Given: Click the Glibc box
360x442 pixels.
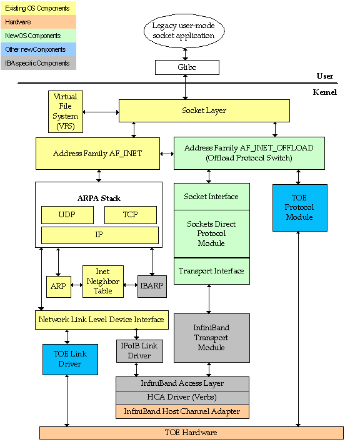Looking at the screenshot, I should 187,67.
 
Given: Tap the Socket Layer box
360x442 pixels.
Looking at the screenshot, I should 204,110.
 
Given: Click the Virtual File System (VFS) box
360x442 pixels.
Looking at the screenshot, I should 66,111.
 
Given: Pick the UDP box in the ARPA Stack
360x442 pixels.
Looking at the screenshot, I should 67,215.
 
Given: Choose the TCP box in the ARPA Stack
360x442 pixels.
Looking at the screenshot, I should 131,215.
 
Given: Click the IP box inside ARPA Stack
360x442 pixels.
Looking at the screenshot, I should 99,235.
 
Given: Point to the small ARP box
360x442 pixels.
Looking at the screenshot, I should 59,286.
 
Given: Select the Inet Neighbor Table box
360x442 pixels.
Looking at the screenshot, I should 103,282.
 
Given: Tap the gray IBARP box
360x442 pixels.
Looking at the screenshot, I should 152,286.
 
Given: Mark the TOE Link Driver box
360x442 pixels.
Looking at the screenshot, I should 70,359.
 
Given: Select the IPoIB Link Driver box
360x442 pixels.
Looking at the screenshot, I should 139,351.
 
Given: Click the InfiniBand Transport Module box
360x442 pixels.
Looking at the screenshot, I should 211,338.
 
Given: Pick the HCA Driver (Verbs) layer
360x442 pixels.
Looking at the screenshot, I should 182,398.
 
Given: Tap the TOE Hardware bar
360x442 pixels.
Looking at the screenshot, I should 191,433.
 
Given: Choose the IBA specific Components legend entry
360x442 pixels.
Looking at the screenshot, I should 38,63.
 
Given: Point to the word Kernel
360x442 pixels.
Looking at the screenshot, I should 324,92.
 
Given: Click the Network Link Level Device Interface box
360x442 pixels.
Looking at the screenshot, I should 101,320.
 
